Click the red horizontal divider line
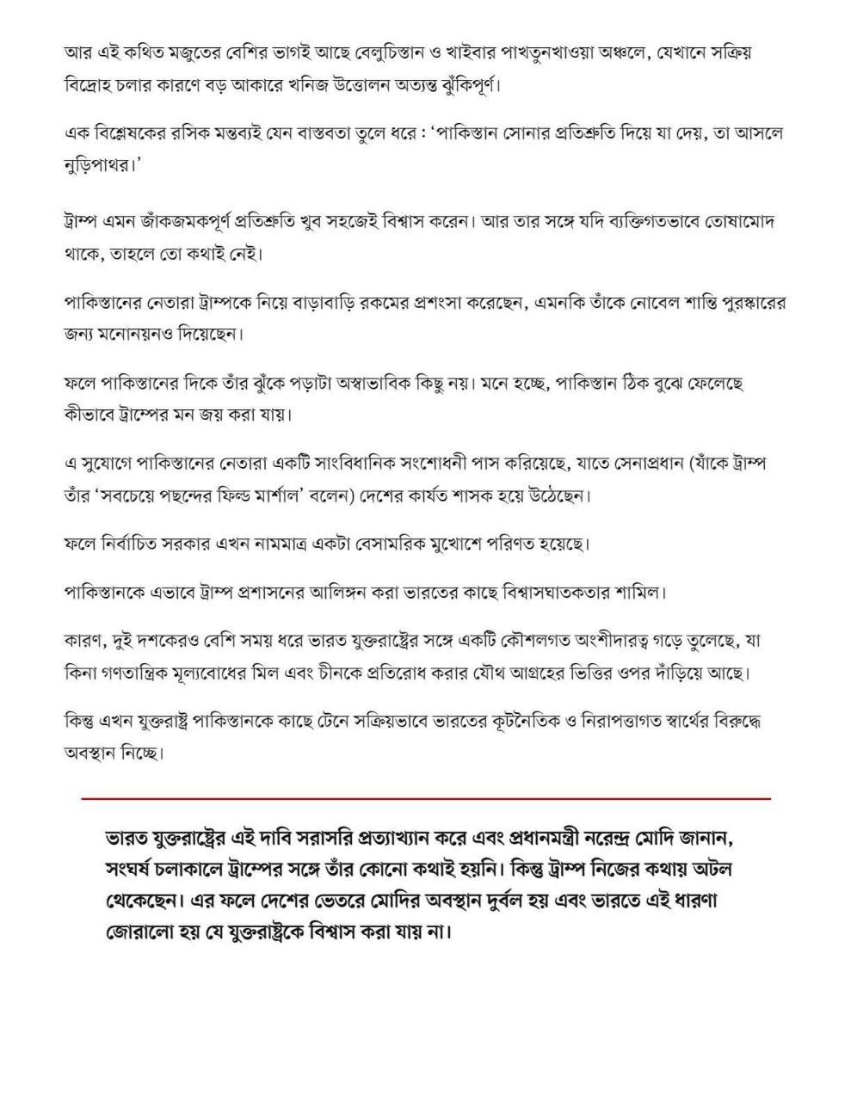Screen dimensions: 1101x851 pos(426,799)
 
